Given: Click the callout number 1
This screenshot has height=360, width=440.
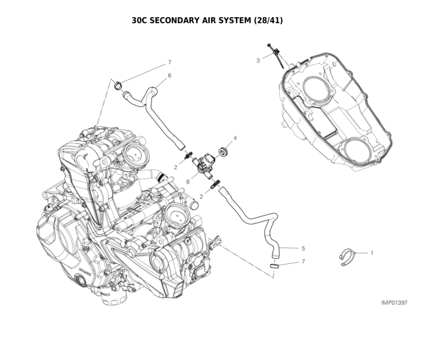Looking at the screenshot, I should pyautogui.click(x=371, y=253).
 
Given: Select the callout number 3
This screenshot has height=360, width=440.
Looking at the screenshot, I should pyautogui.click(x=258, y=60).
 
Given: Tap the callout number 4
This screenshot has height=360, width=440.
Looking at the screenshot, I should pyautogui.click(x=235, y=137).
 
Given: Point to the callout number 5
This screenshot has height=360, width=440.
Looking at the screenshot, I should pyautogui.click(x=303, y=248).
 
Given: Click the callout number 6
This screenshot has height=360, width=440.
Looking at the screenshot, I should pyautogui.click(x=169, y=75).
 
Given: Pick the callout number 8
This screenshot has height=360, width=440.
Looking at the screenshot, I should pyautogui.click(x=188, y=181).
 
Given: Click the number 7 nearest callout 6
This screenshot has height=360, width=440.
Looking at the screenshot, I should pyautogui.click(x=169, y=62).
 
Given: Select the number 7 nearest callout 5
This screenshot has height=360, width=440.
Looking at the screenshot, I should pyautogui.click(x=303, y=261).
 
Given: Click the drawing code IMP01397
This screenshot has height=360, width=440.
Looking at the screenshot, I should pyautogui.click(x=394, y=303).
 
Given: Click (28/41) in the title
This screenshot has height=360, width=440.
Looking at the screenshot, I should pyautogui.click(x=268, y=21).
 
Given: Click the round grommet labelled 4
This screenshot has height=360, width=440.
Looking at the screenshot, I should pyautogui.click(x=224, y=150).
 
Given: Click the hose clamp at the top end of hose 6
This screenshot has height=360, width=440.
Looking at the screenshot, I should pyautogui.click(x=118, y=85).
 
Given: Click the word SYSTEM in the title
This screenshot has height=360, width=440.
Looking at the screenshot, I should pyautogui.click(x=233, y=21).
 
